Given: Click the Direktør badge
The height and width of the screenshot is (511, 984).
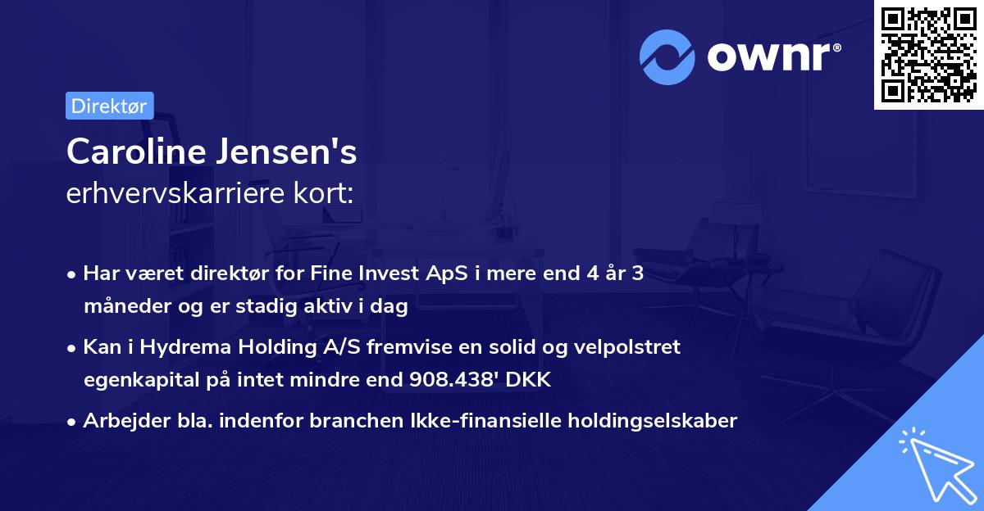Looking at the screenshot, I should click(x=109, y=106).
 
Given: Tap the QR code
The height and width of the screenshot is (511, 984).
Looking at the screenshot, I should click(x=928, y=55).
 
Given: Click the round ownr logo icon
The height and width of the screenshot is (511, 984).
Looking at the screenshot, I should click(x=667, y=57).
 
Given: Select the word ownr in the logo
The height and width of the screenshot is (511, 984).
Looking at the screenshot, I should click(x=770, y=57).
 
